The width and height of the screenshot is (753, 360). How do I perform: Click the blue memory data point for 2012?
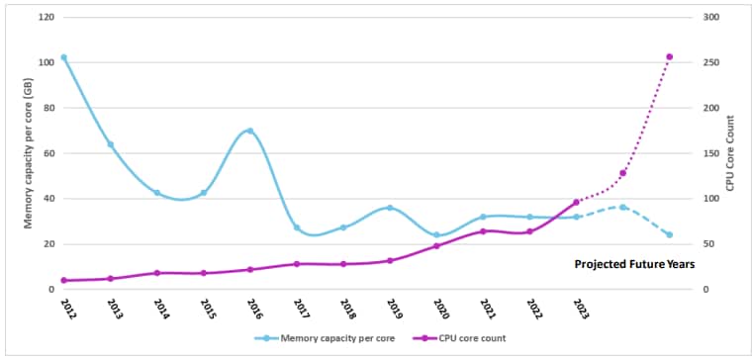(x=64, y=57)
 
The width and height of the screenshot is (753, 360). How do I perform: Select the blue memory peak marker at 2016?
(x=250, y=131)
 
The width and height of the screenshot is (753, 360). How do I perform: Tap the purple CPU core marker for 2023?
(x=577, y=203)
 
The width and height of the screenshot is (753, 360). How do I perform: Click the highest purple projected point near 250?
(x=670, y=57)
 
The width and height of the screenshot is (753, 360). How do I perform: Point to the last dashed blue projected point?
(x=670, y=235)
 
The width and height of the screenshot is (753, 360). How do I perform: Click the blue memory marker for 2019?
(x=390, y=208)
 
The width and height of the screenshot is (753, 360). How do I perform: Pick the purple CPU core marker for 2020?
(x=436, y=246)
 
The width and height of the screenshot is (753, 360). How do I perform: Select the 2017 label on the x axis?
(x=298, y=310)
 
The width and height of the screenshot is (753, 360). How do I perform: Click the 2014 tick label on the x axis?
(x=158, y=310)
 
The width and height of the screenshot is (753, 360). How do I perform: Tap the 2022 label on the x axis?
(x=531, y=310)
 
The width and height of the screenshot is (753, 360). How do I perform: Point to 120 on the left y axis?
(x=46, y=18)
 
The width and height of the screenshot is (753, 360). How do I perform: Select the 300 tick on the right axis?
(x=709, y=18)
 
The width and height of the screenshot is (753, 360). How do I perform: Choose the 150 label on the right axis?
(x=709, y=153)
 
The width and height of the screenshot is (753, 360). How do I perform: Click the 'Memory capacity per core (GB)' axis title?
(x=29, y=154)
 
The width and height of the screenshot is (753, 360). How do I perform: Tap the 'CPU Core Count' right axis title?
(x=730, y=153)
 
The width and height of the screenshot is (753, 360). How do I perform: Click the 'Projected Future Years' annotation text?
(x=634, y=265)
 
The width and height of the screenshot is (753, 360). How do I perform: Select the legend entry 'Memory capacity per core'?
(x=327, y=338)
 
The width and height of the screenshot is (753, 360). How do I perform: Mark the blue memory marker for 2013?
(x=111, y=144)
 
